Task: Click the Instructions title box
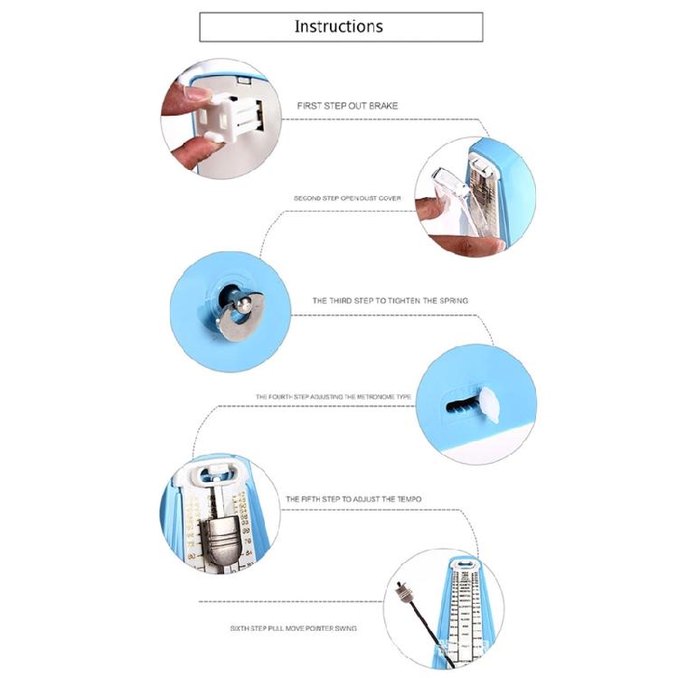[341, 26]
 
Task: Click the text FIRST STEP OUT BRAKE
[347, 106]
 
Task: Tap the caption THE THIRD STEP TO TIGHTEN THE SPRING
[390, 300]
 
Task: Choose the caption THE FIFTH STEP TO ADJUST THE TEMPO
[353, 499]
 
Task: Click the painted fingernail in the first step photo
[196, 90]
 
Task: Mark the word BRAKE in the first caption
[383, 106]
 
